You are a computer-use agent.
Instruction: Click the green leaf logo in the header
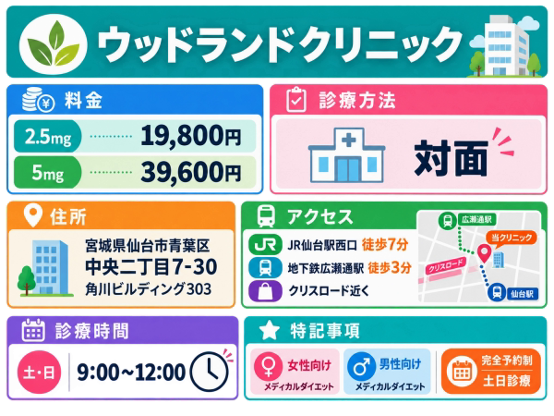click(53, 43)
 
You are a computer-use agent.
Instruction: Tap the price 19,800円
click(191, 136)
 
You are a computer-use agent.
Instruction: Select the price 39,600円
click(191, 172)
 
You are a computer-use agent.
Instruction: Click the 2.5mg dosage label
click(48, 136)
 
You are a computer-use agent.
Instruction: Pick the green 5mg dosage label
click(48, 173)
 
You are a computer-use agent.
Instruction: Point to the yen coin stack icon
click(38, 101)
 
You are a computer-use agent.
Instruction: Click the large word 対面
click(452, 158)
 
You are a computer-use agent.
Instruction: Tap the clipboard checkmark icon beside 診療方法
click(296, 100)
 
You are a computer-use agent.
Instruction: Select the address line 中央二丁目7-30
click(151, 267)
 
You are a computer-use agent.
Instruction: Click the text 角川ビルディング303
click(148, 289)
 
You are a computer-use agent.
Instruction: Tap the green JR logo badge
click(265, 245)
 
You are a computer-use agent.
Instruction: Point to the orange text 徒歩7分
click(385, 244)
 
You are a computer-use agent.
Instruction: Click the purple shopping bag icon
click(265, 291)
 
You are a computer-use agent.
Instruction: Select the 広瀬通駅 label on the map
click(476, 220)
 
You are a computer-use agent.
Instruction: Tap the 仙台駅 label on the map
click(522, 294)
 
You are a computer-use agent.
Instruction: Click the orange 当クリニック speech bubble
click(512, 239)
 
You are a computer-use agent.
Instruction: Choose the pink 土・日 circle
click(39, 373)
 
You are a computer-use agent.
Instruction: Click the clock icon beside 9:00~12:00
click(210, 372)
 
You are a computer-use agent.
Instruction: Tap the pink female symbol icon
click(269, 366)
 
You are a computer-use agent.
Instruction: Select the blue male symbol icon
click(361, 366)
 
